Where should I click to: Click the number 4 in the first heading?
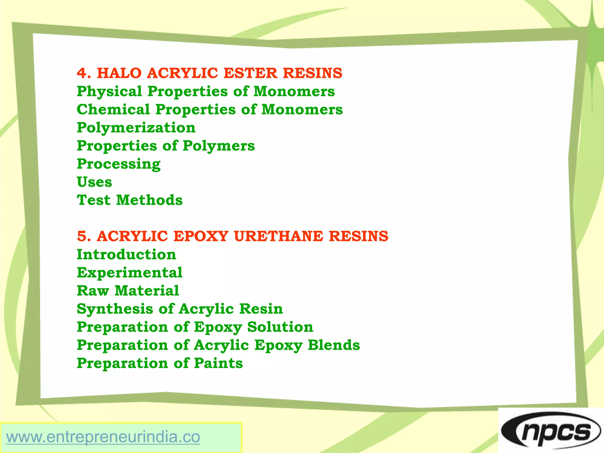(82, 73)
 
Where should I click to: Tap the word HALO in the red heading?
(119, 73)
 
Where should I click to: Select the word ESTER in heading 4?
(250, 73)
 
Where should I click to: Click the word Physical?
(109, 91)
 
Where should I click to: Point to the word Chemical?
(113, 109)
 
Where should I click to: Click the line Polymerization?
(136, 128)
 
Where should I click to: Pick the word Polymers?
(219, 146)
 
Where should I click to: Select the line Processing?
(119, 164)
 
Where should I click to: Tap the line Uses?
(94, 182)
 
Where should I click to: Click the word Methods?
(150, 200)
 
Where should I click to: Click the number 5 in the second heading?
(82, 236)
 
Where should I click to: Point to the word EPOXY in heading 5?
(201, 236)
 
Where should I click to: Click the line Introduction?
(126, 255)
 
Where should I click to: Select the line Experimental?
(129, 273)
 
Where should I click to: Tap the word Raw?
(93, 291)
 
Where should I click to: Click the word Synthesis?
(115, 309)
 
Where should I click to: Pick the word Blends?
(334, 345)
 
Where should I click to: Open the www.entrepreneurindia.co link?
(103, 437)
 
